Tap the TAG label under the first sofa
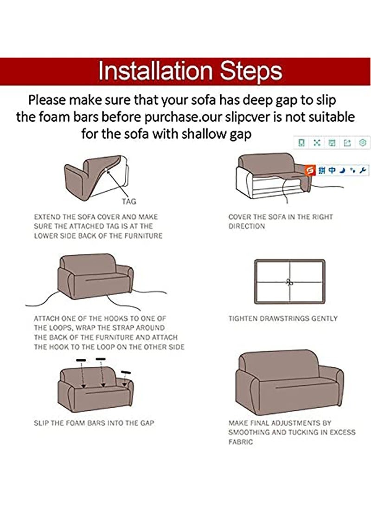[x=129, y=201]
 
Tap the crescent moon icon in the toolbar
[x=342, y=170]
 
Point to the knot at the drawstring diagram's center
[x=289, y=282]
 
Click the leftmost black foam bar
[x=82, y=360]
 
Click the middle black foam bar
[x=101, y=358]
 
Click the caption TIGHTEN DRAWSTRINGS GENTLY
[x=283, y=319]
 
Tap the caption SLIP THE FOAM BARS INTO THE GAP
[x=94, y=423]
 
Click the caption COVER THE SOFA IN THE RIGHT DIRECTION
[x=281, y=221]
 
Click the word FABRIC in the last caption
[x=241, y=442]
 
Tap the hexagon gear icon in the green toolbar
[x=363, y=143]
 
